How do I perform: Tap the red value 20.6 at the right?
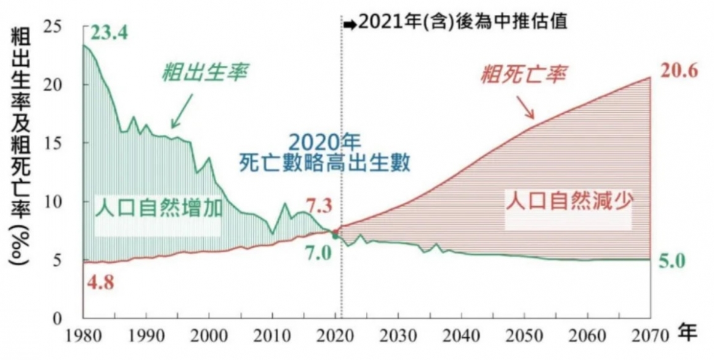point(679,71)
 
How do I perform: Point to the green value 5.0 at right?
point(672,261)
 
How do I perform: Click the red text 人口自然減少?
point(568,201)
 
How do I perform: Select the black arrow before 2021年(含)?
point(350,23)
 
